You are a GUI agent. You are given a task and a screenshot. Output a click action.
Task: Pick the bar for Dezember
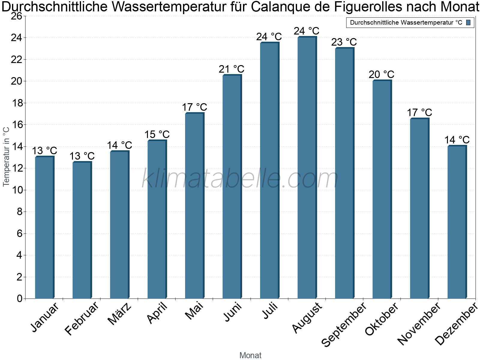pos(457,222)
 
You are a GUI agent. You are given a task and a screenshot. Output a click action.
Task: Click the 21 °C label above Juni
pos(231,69)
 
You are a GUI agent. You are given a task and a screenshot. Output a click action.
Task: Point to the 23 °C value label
pos(344,42)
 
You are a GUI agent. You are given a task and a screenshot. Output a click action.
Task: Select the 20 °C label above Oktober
pos(381,74)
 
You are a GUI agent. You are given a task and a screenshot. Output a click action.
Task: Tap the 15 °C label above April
pos(157,134)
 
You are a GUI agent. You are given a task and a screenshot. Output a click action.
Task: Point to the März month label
pos(119,314)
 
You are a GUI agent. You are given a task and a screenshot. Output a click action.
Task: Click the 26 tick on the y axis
pos(16,16)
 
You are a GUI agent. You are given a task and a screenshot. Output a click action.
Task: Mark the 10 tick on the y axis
pos(16,190)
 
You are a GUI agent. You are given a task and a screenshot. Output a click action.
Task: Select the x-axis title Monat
pos(250,355)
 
